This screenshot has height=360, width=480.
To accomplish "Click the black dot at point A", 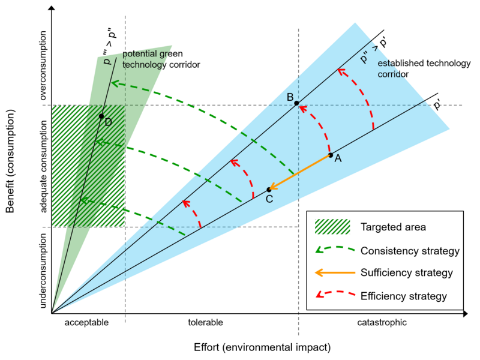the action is click(331, 155).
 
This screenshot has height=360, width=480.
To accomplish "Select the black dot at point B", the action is click(296, 103).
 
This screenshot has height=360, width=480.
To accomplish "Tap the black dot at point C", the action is click(269, 190).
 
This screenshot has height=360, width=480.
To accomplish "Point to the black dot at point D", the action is click(101, 116).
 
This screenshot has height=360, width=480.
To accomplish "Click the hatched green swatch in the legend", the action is click(332, 227).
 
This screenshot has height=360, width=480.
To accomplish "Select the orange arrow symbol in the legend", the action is click(335, 272).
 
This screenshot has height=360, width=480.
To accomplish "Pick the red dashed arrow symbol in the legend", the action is click(335, 294).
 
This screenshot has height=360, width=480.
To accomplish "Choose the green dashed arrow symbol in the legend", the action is click(335, 249).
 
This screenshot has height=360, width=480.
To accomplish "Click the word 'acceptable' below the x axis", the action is click(86, 323).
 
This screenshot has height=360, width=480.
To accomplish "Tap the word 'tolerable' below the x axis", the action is click(205, 322).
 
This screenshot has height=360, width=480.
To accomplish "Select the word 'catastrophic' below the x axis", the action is click(382, 323).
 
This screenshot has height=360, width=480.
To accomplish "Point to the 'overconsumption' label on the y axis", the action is click(43, 65).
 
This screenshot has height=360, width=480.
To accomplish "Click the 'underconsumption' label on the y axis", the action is click(43, 271).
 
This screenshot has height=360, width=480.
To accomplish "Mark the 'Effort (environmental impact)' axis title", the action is click(262, 348).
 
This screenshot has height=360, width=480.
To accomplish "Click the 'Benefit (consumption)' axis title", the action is click(10, 161).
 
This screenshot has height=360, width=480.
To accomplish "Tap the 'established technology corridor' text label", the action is click(424, 68).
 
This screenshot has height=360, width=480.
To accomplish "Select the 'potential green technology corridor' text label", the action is click(161, 59).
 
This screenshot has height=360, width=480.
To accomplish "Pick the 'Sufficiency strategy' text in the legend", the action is click(407, 273).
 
